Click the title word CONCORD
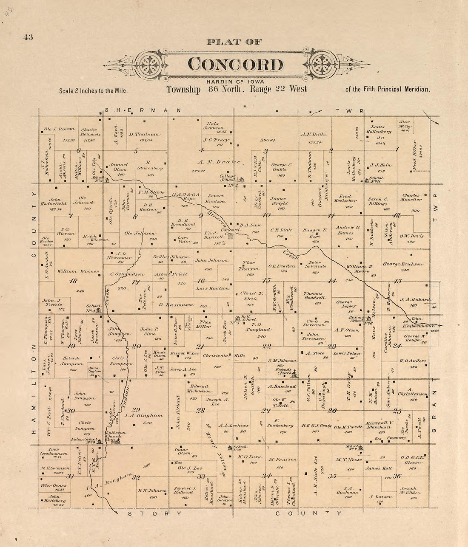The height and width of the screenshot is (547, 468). (x=235, y=65)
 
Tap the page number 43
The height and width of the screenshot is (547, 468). (x=28, y=37)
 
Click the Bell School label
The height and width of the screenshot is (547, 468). (x=249, y=319)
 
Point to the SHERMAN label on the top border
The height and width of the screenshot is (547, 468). (x=143, y=110)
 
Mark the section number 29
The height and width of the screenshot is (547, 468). (x=136, y=409)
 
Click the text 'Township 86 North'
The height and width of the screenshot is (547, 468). (x=204, y=90)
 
